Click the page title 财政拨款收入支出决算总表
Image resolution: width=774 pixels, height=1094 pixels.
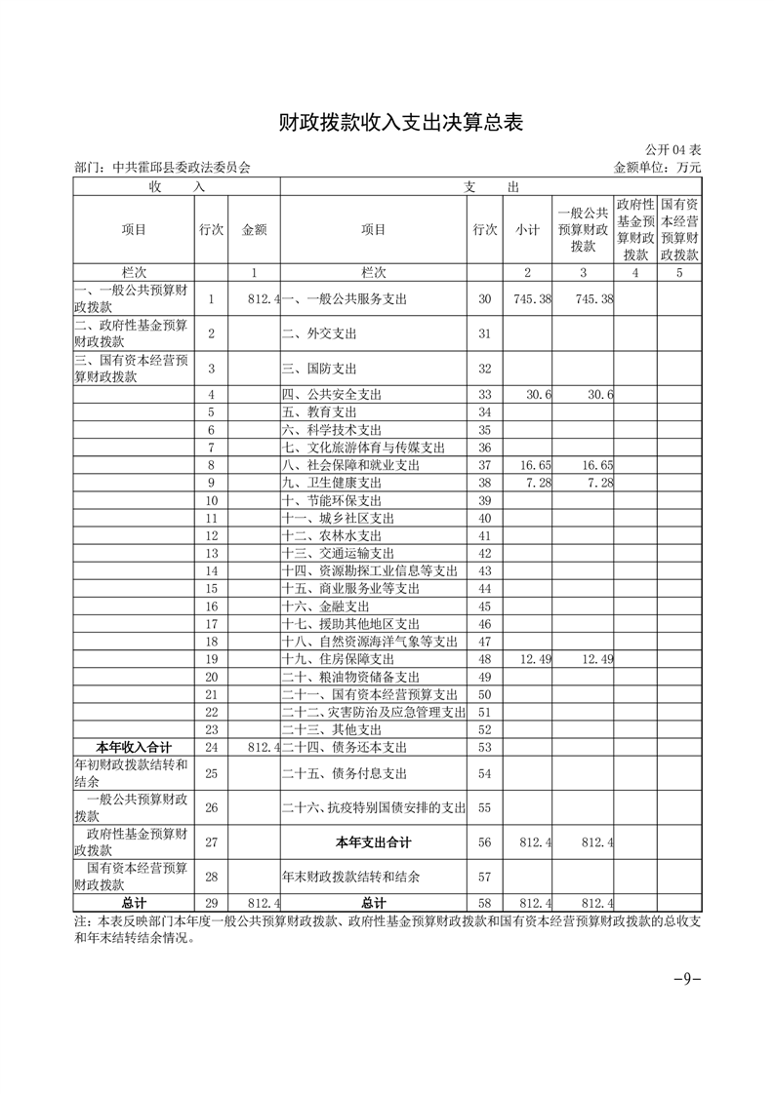click(x=387, y=123)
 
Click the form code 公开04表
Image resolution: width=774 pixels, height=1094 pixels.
click(x=672, y=150)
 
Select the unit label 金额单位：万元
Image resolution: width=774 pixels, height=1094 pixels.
click(x=657, y=168)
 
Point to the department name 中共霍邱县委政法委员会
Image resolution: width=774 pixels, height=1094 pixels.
click(x=182, y=168)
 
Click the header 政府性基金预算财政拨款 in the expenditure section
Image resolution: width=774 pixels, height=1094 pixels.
click(x=634, y=230)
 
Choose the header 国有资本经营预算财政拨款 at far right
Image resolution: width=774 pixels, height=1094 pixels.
click(x=678, y=230)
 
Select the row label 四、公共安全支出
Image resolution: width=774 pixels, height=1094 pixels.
click(x=331, y=395)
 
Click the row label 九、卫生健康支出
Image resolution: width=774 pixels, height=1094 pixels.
click(x=331, y=484)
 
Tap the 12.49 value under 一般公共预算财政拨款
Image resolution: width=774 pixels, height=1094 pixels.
click(x=594, y=660)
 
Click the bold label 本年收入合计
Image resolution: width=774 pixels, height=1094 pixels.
click(x=134, y=748)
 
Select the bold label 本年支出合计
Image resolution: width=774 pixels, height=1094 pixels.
click(x=373, y=842)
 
